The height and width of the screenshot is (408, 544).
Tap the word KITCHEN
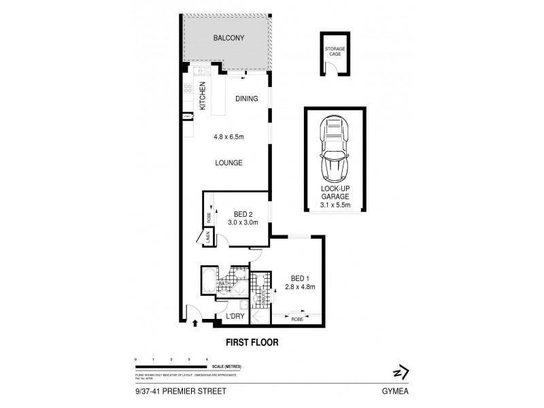point(202,97)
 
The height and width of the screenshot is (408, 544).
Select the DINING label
point(247,99)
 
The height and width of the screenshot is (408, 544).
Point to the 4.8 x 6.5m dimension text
point(228,137)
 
